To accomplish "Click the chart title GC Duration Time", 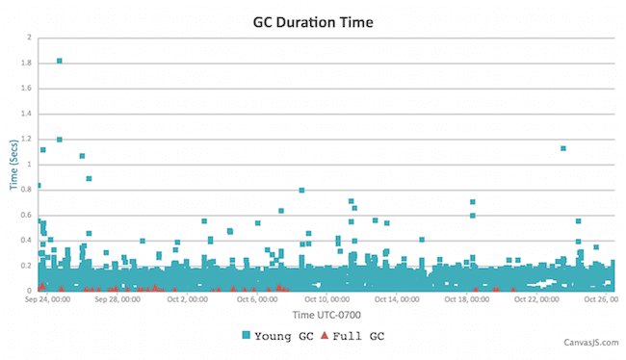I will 313,19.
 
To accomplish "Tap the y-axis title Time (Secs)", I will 14,163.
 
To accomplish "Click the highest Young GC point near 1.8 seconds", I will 60,61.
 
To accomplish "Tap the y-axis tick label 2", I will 29,38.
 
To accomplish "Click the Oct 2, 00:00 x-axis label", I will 187,299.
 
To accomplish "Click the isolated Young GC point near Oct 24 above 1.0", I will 563,148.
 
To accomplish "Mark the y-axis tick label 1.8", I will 27,63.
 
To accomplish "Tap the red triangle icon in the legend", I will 325,335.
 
